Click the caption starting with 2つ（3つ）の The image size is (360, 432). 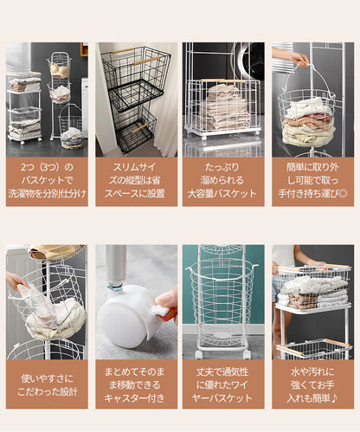coord(47,180)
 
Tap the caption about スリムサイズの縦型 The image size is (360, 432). coord(135,180)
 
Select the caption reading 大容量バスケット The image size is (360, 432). coord(222,194)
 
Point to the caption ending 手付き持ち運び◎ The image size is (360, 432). coord(313,180)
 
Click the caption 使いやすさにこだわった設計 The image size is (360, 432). coord(48,385)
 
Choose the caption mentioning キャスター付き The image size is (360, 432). coord(135,385)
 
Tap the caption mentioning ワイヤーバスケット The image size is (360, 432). coord(222,385)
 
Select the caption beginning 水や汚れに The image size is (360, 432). coord(313,385)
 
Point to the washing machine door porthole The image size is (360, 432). coord(249,63)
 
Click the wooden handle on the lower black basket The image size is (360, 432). coord(141,128)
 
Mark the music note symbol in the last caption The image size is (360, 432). coord(334,398)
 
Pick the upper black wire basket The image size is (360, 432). coord(136,75)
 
